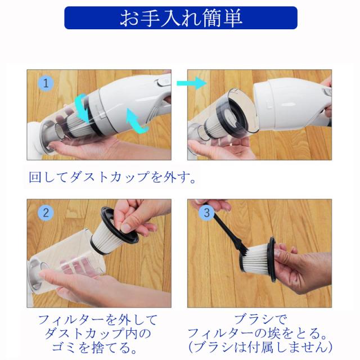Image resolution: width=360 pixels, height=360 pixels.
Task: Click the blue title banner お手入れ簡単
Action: (x=181, y=18)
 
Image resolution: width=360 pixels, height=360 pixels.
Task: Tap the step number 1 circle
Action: (x=46, y=83)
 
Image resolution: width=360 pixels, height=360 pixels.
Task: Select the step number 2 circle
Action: (x=46, y=213)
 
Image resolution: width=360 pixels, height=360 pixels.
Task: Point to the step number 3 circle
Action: (x=206, y=213)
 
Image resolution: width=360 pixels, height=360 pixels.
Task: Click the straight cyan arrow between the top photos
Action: (x=191, y=83)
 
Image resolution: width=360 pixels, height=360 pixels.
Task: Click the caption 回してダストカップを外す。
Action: (x=112, y=177)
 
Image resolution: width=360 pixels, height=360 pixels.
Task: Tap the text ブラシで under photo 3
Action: (x=260, y=319)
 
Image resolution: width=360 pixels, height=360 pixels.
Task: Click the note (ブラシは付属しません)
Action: (x=260, y=348)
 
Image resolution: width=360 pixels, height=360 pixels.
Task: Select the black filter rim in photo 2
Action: (x=119, y=225)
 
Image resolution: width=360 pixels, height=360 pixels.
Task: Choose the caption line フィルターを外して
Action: (x=97, y=319)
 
